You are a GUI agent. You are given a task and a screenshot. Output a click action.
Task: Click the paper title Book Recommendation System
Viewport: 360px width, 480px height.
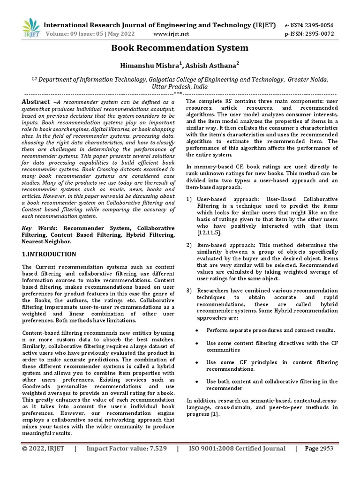(x=180, y=48)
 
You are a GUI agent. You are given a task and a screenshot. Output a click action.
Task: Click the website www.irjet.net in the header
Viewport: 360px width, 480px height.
(x=171, y=34)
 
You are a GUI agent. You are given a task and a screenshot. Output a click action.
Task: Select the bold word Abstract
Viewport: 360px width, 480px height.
(x=36, y=102)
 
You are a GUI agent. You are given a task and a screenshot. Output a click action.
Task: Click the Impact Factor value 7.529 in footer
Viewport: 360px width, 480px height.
(x=155, y=449)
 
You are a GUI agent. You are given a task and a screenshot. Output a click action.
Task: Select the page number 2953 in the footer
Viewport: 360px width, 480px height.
(x=326, y=449)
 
